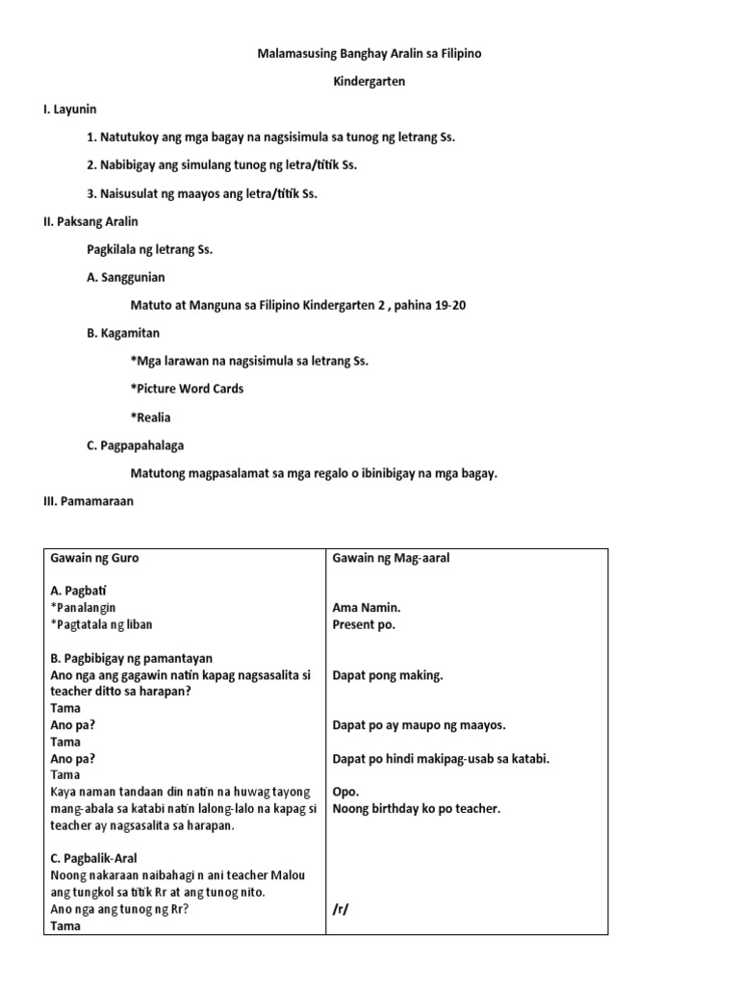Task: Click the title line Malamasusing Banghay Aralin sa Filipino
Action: click(369, 54)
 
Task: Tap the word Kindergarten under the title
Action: click(369, 82)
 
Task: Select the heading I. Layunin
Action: click(70, 110)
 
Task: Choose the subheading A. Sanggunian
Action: click(126, 277)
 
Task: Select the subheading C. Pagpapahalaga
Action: click(136, 445)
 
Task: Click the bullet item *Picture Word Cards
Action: click(187, 389)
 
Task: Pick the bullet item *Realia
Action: click(150, 417)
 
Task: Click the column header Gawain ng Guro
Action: click(100, 558)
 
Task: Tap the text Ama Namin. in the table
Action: click(367, 608)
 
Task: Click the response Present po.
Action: click(364, 624)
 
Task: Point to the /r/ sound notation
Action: click(340, 909)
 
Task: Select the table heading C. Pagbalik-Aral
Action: click(100, 859)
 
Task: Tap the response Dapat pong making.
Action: click(388, 675)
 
